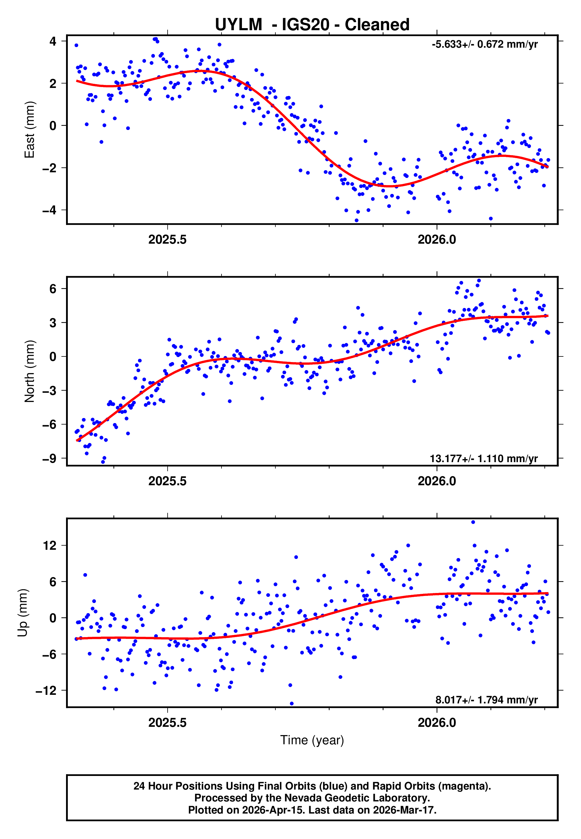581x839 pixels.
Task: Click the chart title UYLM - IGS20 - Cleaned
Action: (312, 25)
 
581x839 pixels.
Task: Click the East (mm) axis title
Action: (29, 130)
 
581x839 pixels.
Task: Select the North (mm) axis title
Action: (29, 371)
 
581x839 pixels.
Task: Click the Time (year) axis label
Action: (312, 740)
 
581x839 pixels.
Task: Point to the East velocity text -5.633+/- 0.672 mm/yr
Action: (484, 44)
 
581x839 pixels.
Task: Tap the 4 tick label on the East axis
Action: (53, 41)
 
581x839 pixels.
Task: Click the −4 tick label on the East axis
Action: (49, 210)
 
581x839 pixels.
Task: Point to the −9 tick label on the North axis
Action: (49, 458)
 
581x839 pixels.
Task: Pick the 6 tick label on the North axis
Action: (53, 289)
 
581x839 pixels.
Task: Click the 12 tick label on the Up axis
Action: (49, 545)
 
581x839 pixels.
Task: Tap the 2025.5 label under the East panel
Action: (167, 240)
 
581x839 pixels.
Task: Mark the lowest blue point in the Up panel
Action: (292, 703)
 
